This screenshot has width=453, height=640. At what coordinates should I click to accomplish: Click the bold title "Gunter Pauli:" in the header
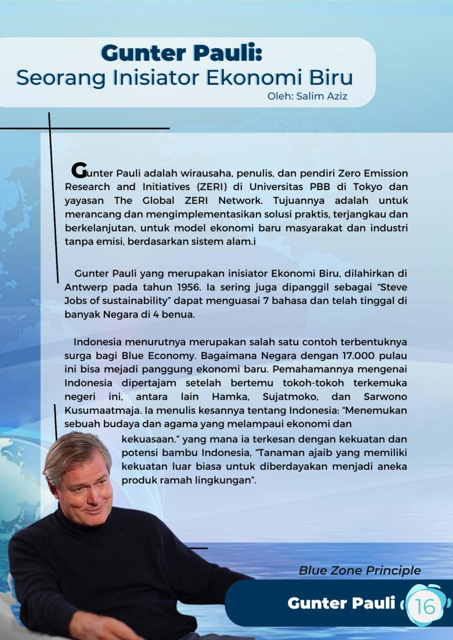click(x=181, y=53)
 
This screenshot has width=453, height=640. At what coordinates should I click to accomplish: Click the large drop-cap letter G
click(x=79, y=170)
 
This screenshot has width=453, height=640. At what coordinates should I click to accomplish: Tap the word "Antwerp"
click(x=86, y=287)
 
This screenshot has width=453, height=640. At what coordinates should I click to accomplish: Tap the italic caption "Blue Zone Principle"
click(x=359, y=570)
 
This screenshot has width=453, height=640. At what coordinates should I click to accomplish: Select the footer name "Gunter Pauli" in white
click(x=341, y=603)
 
